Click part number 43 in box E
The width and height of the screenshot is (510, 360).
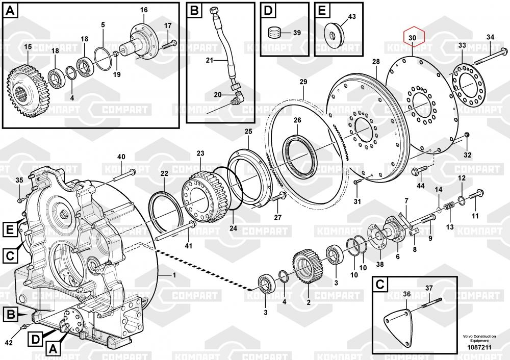coord(352,17)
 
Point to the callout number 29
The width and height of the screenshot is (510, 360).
coord(303,82)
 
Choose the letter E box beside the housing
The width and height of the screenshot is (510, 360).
coord(10,230)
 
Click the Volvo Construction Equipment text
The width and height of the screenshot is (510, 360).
coord(479,339)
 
